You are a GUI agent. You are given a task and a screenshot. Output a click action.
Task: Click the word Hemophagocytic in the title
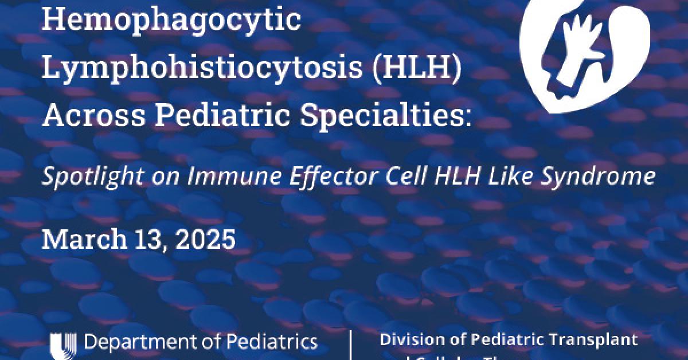pyautogui.click(x=171, y=21)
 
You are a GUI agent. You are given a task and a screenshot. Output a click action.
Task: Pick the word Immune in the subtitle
pyautogui.click(x=213, y=176)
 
